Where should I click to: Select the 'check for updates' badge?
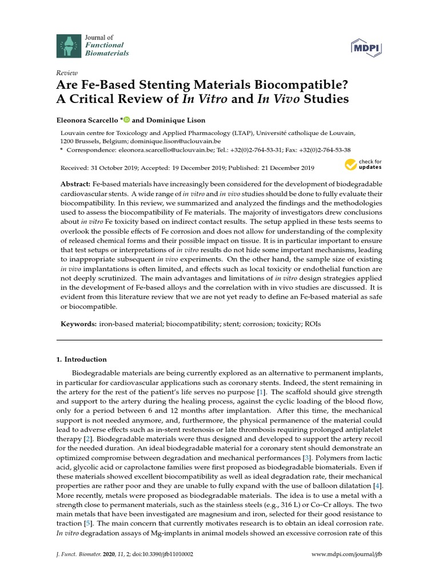(x=362, y=165)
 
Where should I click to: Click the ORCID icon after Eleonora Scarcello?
(x=126, y=120)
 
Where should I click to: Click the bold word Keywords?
(x=79, y=324)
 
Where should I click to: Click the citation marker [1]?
(x=261, y=392)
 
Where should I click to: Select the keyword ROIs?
(x=313, y=324)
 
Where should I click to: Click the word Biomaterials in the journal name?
(x=107, y=53)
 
